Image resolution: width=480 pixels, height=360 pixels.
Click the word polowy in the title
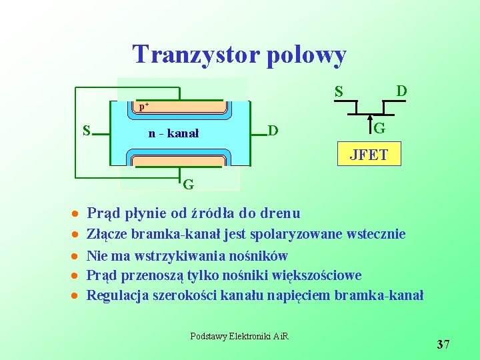click(305, 55)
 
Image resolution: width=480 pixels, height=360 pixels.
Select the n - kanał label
click(173, 133)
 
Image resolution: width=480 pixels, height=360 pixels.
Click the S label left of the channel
click(86, 129)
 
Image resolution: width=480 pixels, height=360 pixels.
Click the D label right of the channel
click(272, 129)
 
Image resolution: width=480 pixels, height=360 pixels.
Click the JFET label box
click(369, 156)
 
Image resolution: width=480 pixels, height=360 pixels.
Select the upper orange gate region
click(181, 108)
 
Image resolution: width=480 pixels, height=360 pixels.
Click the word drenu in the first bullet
click(279, 213)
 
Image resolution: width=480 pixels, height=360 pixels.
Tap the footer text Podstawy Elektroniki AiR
click(239, 336)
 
